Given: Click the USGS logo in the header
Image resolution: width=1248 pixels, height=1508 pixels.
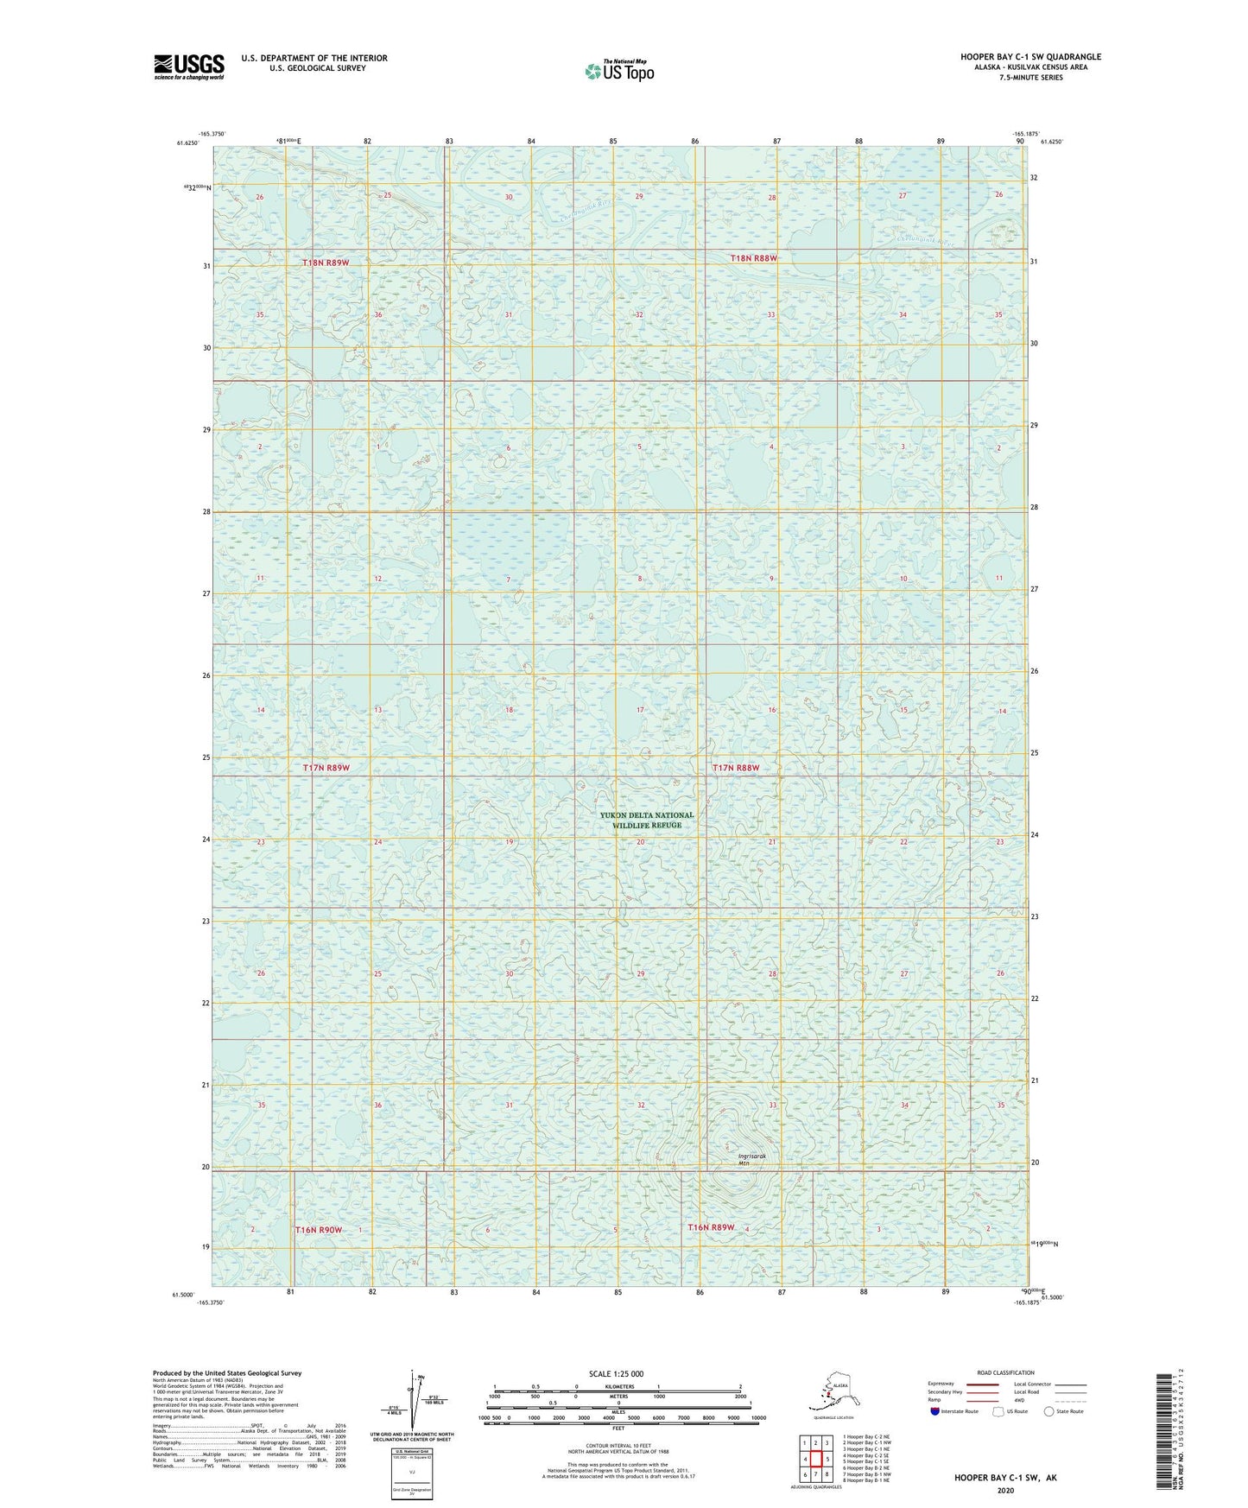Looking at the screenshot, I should click(189, 67).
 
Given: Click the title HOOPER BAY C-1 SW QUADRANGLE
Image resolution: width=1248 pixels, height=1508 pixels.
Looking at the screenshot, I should click(1030, 57).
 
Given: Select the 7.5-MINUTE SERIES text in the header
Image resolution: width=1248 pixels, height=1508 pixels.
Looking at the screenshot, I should click(1030, 78).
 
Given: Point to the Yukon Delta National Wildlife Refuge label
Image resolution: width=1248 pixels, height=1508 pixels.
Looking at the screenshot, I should click(647, 820).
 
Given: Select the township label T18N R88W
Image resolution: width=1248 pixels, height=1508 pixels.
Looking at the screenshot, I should click(754, 258).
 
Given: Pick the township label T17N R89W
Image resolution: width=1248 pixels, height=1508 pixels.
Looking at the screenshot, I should click(326, 767).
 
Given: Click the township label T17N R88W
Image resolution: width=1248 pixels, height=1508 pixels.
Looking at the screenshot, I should click(736, 767).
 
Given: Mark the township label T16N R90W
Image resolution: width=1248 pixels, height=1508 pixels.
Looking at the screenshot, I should click(319, 1229).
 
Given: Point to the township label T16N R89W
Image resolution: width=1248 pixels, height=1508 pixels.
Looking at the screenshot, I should click(711, 1227).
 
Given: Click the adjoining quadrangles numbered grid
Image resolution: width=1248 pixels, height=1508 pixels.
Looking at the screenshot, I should click(815, 1460).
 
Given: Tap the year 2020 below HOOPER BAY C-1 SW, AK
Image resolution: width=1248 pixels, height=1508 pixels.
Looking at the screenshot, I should click(1005, 1490).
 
